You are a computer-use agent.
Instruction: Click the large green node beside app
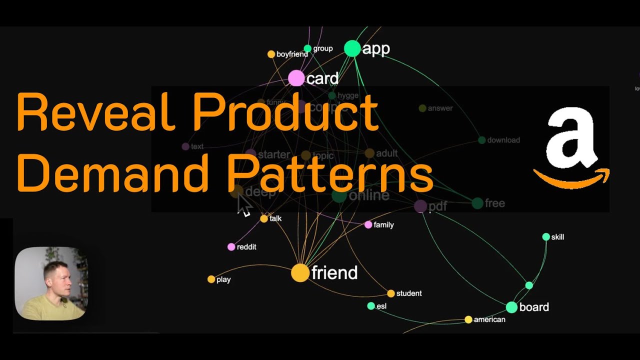click(x=352, y=48)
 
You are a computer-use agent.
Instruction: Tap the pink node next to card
click(x=296, y=78)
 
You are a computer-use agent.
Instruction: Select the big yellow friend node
click(x=300, y=273)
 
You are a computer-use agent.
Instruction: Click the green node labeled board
click(x=511, y=307)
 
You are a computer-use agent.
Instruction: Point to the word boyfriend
click(x=292, y=54)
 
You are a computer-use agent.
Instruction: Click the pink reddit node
click(x=231, y=247)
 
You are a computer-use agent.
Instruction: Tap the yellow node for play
click(x=211, y=279)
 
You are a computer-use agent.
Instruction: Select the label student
click(x=409, y=293)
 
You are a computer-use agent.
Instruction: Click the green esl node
click(x=371, y=306)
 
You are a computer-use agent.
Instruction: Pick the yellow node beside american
click(x=468, y=319)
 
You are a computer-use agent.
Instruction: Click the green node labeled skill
click(x=546, y=237)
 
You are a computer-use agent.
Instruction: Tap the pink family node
click(x=368, y=225)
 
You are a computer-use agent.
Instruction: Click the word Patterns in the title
click(x=330, y=173)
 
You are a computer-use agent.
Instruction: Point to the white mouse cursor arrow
click(x=243, y=205)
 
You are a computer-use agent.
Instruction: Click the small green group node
click(x=307, y=48)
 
